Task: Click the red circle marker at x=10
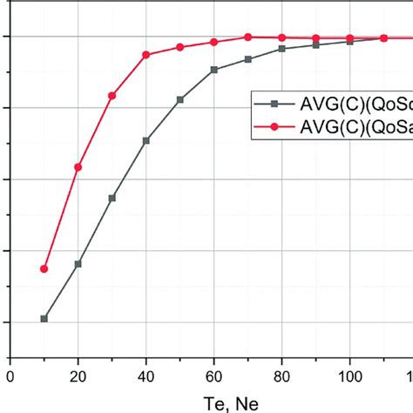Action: tap(44, 269)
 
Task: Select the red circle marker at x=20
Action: tap(78, 166)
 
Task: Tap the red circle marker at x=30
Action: tap(112, 96)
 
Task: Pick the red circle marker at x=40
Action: tap(146, 55)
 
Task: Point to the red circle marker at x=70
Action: tap(247, 37)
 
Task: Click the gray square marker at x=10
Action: tap(44, 319)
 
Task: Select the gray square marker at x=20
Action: tap(78, 264)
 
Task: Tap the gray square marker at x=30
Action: tap(112, 199)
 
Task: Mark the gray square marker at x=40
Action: tap(146, 140)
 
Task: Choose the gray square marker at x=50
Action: tap(179, 100)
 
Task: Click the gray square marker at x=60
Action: tap(213, 70)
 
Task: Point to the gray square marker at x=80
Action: tap(281, 49)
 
